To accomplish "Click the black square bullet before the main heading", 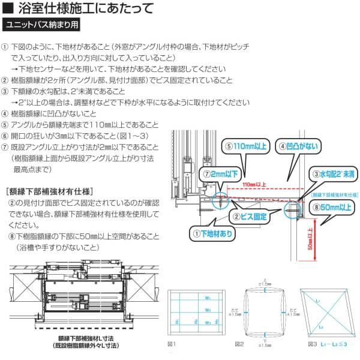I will coord(7,8).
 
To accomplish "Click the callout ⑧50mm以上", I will coord(332,207).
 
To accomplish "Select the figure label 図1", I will coord(170,344).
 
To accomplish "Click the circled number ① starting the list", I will coord(5,46).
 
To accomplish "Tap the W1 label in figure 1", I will coord(206,298).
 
